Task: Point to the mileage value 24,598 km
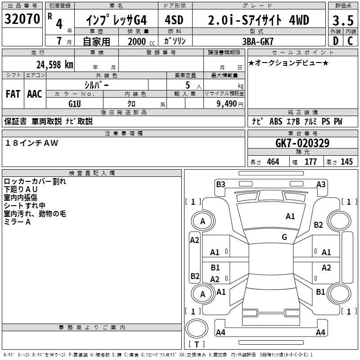pos(54,64)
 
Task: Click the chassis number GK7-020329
pos(302,143)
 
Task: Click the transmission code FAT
pos(13,94)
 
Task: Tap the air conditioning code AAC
pos(35,94)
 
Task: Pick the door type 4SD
pos(175,20)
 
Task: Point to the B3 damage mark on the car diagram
pos(220,184)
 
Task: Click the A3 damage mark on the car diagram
pos(321,184)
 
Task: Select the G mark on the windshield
pos(284,237)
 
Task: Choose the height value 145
pos(346,162)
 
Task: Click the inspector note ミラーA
pos(17,222)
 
